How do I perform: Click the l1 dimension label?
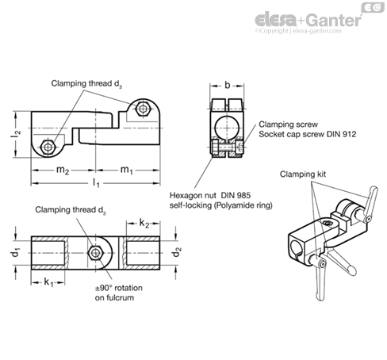coord(96,183)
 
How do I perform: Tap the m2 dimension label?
coord(63,170)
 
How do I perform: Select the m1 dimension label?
coord(126,170)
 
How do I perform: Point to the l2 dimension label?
coord(16,134)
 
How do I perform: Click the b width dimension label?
coord(227,85)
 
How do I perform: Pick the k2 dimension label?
coord(144,224)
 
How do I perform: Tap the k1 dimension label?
coord(48,282)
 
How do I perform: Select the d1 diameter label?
coord(16,253)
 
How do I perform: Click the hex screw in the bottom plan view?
coord(95,253)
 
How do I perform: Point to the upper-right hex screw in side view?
coord(143,109)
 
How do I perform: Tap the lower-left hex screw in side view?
coord(48,147)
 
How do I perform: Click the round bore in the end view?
coord(227,128)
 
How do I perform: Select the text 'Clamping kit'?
coord(303,174)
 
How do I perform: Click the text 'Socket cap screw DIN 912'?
coord(308,134)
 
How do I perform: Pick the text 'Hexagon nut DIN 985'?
coord(210,196)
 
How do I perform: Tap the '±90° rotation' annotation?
coord(119,288)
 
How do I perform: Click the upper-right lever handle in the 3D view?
coord(371,203)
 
